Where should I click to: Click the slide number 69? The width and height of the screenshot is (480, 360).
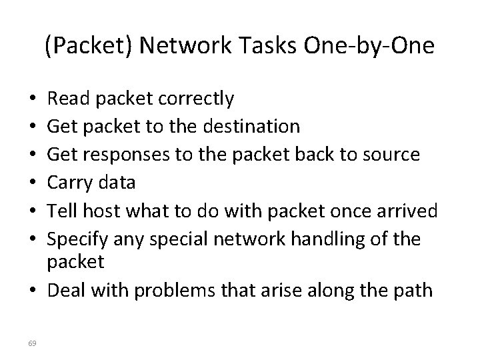[x=33, y=343]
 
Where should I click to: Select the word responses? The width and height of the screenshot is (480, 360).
[x=123, y=154]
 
